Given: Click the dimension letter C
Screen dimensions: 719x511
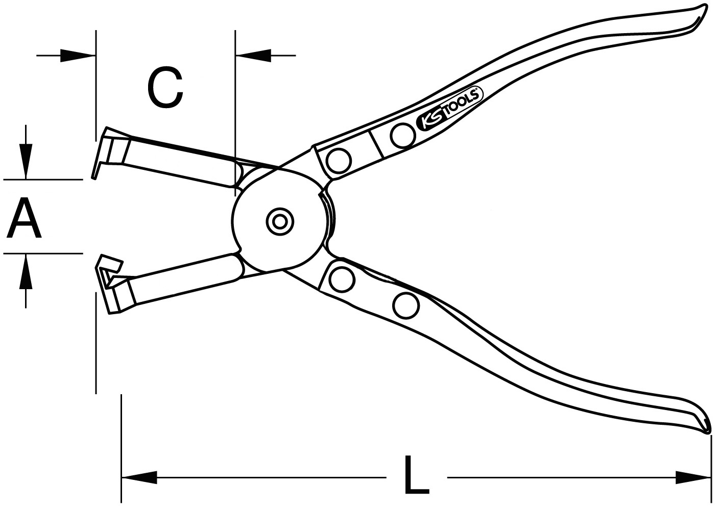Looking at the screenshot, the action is click(165, 88).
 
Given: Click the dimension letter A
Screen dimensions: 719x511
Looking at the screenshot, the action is click(24, 218).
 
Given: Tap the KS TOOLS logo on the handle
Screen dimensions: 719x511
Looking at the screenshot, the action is click(449, 111).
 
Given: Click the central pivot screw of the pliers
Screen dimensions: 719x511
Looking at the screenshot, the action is click(280, 221).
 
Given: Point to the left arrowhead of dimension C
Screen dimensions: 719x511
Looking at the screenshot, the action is click(78, 56).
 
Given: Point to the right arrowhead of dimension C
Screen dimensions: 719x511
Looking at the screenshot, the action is click(253, 56).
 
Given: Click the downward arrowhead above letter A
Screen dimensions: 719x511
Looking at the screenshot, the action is click(26, 161).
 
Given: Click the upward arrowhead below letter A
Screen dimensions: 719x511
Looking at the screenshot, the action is click(26, 271).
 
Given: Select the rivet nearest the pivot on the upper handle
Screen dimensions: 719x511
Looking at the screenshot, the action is click(339, 160).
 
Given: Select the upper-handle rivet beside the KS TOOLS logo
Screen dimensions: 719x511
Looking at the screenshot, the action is click(402, 135).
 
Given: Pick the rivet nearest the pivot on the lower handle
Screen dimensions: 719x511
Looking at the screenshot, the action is click(343, 279).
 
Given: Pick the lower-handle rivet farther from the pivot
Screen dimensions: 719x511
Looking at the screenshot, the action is click(406, 305).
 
